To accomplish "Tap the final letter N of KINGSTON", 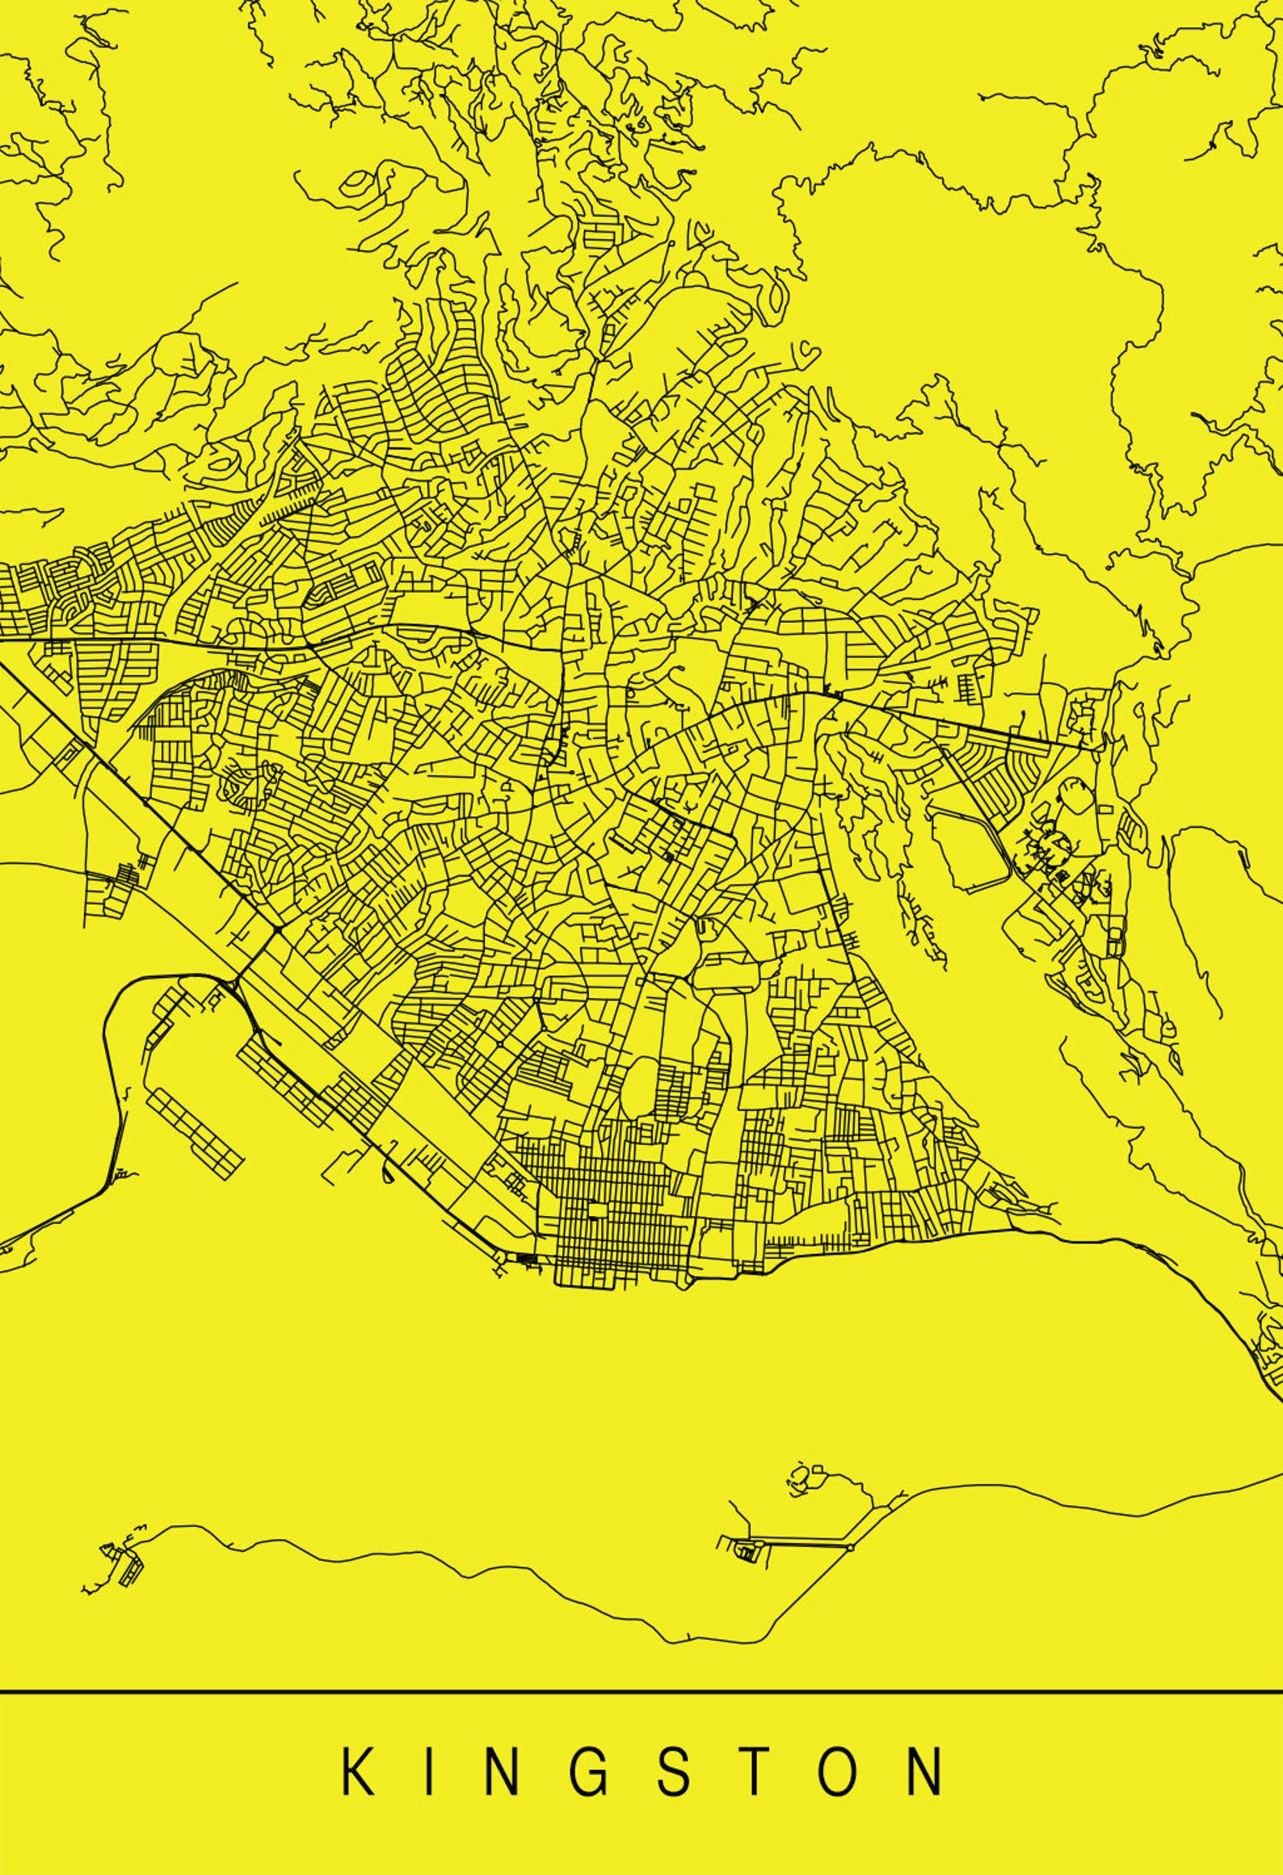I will tap(924, 1771).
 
